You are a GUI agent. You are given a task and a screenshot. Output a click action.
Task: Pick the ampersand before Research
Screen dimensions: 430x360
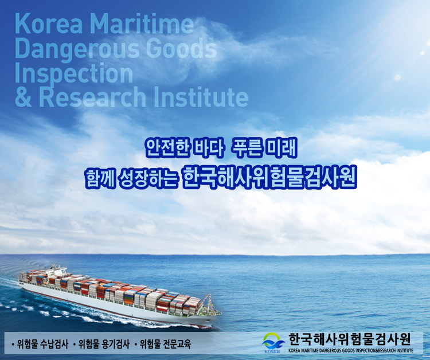(x=24, y=97)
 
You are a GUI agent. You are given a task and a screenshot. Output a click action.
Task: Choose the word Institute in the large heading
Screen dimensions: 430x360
(x=201, y=97)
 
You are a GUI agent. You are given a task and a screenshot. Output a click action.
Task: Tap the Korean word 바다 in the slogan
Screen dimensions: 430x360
(x=208, y=148)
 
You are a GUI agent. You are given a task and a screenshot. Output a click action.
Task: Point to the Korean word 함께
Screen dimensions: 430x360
(x=100, y=178)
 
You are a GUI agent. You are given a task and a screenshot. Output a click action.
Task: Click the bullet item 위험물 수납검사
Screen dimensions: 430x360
(x=41, y=344)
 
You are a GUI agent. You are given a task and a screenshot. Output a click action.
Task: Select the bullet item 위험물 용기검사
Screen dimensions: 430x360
(x=102, y=344)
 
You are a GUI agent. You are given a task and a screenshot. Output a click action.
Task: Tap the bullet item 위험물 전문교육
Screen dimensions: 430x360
(x=163, y=344)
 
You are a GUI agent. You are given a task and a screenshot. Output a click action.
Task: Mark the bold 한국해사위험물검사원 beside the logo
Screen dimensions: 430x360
(x=350, y=339)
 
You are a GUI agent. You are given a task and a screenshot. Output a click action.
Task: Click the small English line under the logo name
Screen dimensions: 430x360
(x=351, y=350)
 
